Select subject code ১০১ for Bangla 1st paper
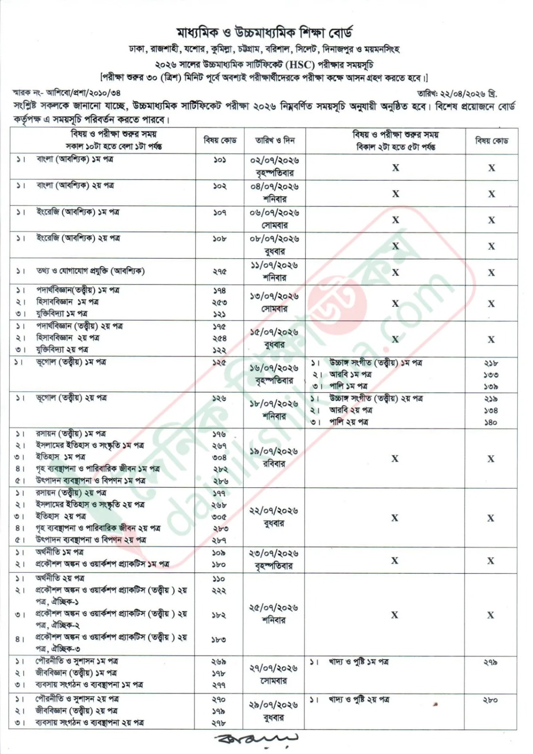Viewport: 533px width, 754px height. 219,160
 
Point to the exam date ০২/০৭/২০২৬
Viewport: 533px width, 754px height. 274,161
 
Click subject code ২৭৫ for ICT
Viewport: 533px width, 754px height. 219,271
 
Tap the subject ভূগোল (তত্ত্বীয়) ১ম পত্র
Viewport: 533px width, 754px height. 71,362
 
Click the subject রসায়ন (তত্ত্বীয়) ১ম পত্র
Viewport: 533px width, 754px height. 71,434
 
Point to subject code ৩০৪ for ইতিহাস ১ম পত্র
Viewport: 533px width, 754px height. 219,457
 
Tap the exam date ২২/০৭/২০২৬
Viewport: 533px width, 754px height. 274,511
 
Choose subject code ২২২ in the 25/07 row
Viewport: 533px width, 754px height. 219,591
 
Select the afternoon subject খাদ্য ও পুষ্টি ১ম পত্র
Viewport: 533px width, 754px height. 359,663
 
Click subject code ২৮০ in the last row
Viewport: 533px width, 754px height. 490,700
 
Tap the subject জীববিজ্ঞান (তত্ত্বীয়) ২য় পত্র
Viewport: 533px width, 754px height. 76,711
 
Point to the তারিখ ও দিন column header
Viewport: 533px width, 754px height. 275,140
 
